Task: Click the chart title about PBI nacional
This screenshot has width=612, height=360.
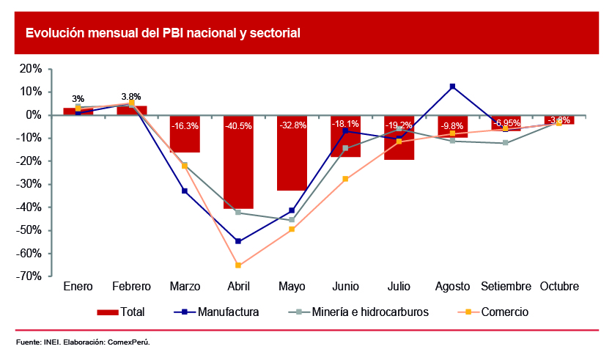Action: tap(163, 33)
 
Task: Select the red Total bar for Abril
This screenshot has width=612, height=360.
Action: tap(239, 176)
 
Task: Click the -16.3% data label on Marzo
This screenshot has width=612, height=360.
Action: tap(185, 126)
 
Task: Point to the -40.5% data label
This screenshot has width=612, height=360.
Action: tap(239, 126)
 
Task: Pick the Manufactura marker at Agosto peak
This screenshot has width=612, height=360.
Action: tap(453, 87)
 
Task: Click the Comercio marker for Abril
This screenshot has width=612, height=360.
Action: tap(238, 265)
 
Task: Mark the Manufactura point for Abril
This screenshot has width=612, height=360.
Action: tap(238, 241)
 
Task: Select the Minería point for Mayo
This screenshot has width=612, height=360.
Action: tap(292, 220)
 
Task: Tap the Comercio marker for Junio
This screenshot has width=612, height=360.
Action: tap(345, 179)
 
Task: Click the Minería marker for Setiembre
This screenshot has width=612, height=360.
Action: tap(506, 143)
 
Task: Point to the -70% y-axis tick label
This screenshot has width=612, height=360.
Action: tap(29, 276)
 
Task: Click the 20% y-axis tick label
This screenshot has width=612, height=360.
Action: tap(31, 68)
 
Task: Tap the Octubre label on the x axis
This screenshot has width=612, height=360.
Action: tap(559, 287)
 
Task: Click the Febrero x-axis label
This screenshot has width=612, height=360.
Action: tap(131, 287)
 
